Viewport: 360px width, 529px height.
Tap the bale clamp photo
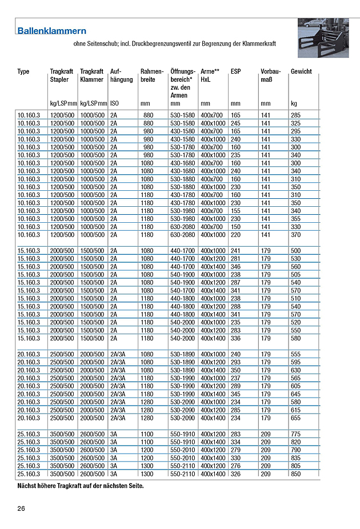tap(323, 37)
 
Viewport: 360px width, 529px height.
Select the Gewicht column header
tap(301, 71)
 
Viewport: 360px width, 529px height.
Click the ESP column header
tap(235, 71)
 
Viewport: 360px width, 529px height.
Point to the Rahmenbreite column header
tap(152, 75)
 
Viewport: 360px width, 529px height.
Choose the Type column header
tap(23, 71)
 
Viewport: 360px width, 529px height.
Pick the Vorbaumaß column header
tap(271, 75)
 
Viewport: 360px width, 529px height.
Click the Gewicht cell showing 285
tap(295, 115)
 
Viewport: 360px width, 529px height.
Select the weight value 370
tap(295, 235)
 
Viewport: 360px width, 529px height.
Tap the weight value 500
tap(295, 251)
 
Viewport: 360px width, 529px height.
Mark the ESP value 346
tap(235, 267)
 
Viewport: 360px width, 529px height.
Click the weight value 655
tap(295, 418)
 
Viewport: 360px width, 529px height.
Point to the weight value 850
tap(295, 474)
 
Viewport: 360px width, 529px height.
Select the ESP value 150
tap(235, 227)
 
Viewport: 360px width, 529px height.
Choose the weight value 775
tap(295, 434)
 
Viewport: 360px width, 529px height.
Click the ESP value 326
tap(235, 474)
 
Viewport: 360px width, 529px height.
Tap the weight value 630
tap(295, 370)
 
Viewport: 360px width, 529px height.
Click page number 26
tap(21, 508)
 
